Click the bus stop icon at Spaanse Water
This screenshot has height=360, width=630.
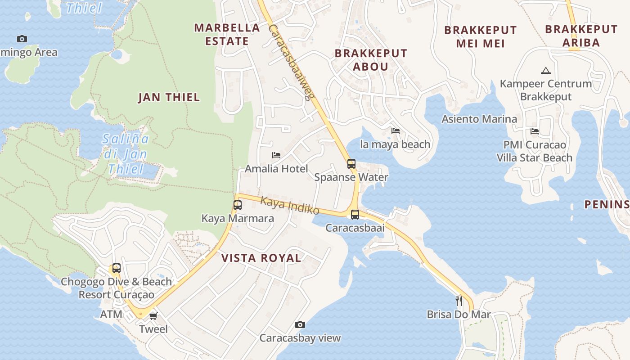pyautogui.click(x=351, y=164)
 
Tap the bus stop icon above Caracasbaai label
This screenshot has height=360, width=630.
pyautogui.click(x=355, y=214)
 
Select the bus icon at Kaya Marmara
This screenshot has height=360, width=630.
pyautogui.click(x=238, y=205)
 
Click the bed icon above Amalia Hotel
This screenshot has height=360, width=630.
pyautogui.click(x=276, y=155)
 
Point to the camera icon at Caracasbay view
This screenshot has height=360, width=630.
pyautogui.click(x=300, y=324)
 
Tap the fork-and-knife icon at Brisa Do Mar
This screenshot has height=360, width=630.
pyautogui.click(x=459, y=301)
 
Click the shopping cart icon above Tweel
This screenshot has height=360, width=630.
pyautogui.click(x=153, y=316)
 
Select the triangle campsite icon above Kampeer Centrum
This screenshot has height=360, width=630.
pyautogui.click(x=546, y=71)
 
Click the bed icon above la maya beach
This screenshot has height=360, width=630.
pyautogui.click(x=396, y=131)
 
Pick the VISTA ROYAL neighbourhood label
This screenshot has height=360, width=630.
pyautogui.click(x=261, y=258)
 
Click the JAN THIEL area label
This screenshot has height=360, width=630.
pyautogui.click(x=169, y=97)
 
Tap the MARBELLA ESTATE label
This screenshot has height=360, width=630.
pyautogui.click(x=227, y=34)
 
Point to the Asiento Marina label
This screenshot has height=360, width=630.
pyautogui.click(x=479, y=119)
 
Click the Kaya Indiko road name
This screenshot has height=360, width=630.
pyautogui.click(x=290, y=206)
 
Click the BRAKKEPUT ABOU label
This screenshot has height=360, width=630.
pyautogui.click(x=371, y=59)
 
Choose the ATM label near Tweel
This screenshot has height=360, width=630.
pyautogui.click(x=111, y=314)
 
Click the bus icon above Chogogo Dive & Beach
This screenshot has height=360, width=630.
pyautogui.click(x=116, y=268)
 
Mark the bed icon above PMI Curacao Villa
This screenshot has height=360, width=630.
pyautogui.click(x=535, y=131)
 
